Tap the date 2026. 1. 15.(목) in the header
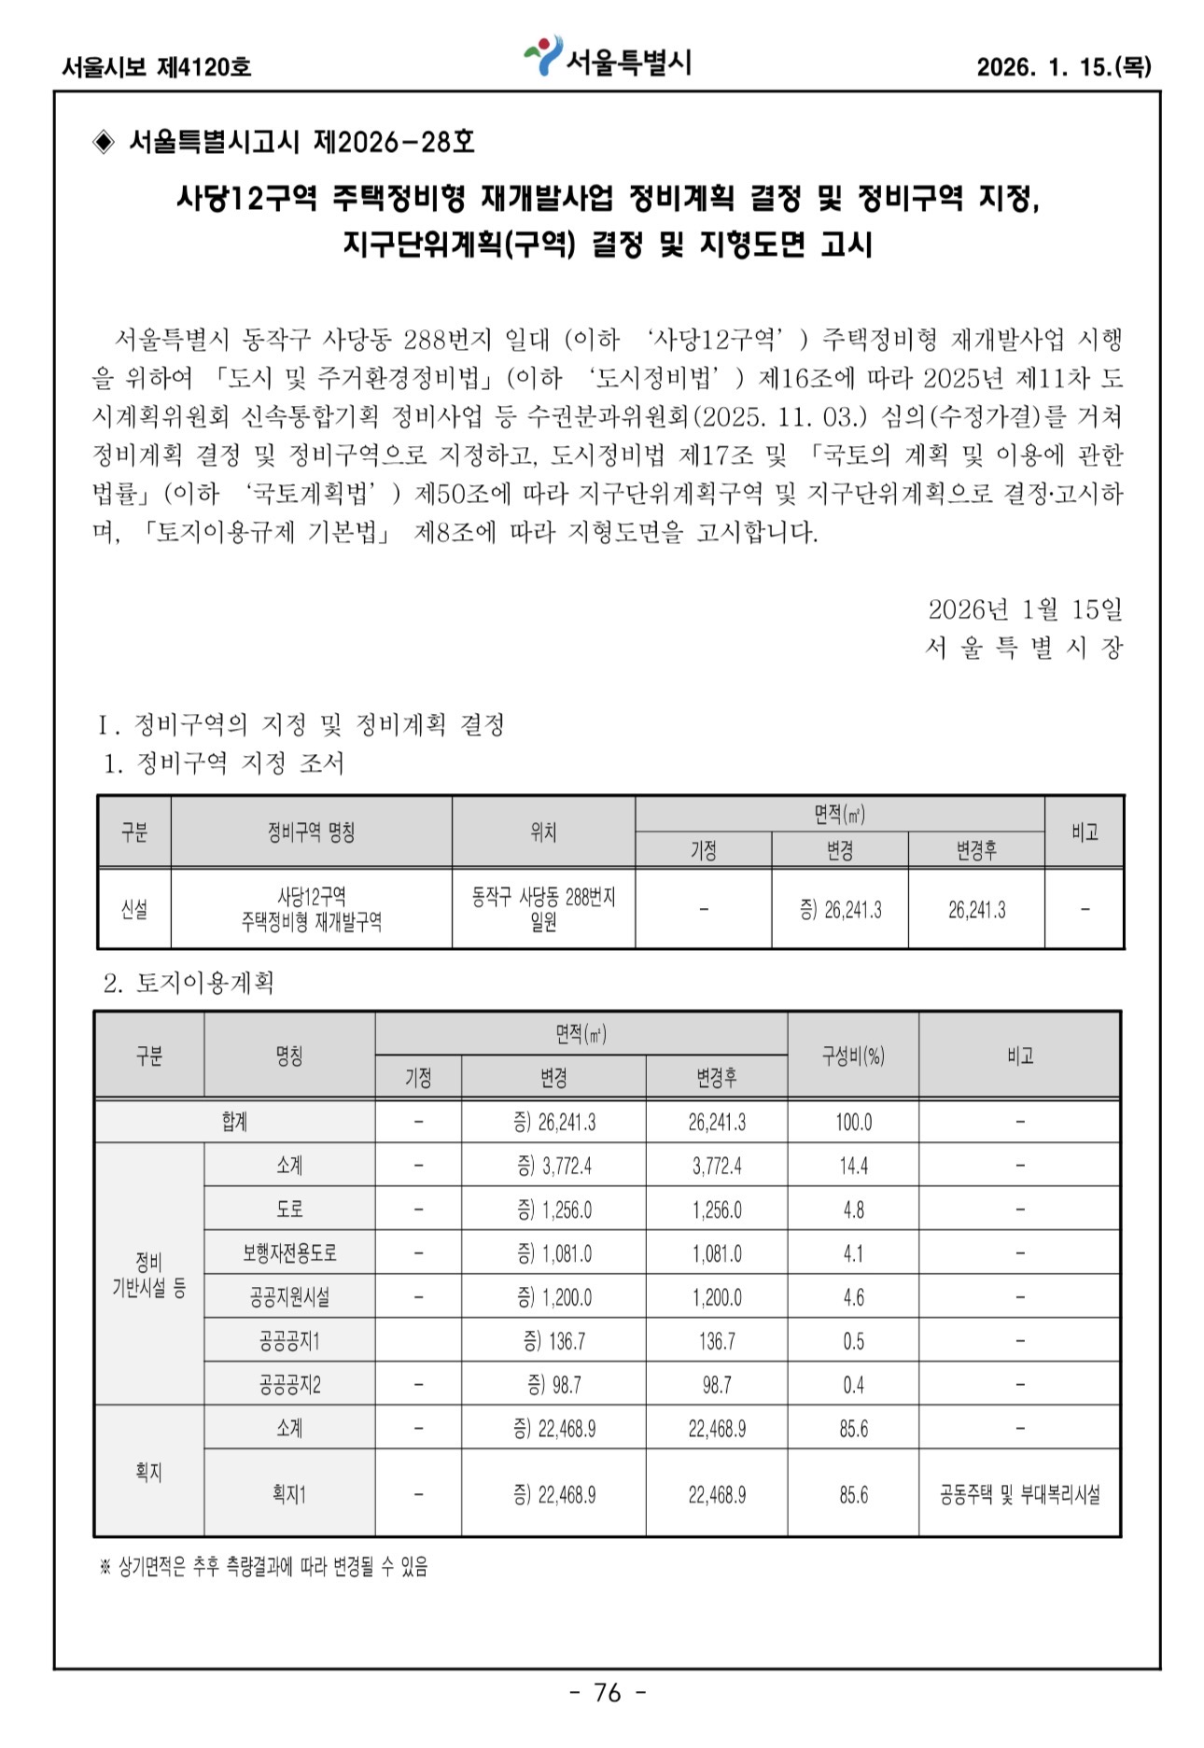pos(1063,67)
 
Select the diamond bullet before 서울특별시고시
pos(104,142)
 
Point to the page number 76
pos(608,1692)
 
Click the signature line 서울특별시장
pos(1023,648)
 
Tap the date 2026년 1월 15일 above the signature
pos(1025,609)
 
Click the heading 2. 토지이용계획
pos(189,983)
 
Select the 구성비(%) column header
pos(852,1056)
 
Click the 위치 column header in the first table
pos(543,832)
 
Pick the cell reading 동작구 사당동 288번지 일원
pos(543,909)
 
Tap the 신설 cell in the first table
pos(134,909)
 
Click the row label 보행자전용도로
pos(289,1252)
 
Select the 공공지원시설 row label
pos(289,1296)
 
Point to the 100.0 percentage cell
pos(853,1122)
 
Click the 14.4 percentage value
pos(853,1166)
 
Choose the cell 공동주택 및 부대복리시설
pos(1019,1494)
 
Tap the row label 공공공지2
pos(289,1384)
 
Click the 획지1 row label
pos(289,1494)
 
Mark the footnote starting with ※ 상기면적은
pos(263,1567)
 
